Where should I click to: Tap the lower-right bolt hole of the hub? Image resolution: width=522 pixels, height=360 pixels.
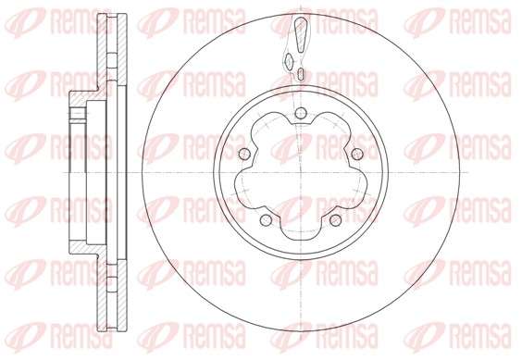335,219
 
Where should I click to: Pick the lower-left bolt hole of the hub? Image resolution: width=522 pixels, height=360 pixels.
266,219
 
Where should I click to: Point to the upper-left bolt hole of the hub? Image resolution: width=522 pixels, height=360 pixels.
244,154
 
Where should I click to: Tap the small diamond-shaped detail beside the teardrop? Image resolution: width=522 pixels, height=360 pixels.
290,61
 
